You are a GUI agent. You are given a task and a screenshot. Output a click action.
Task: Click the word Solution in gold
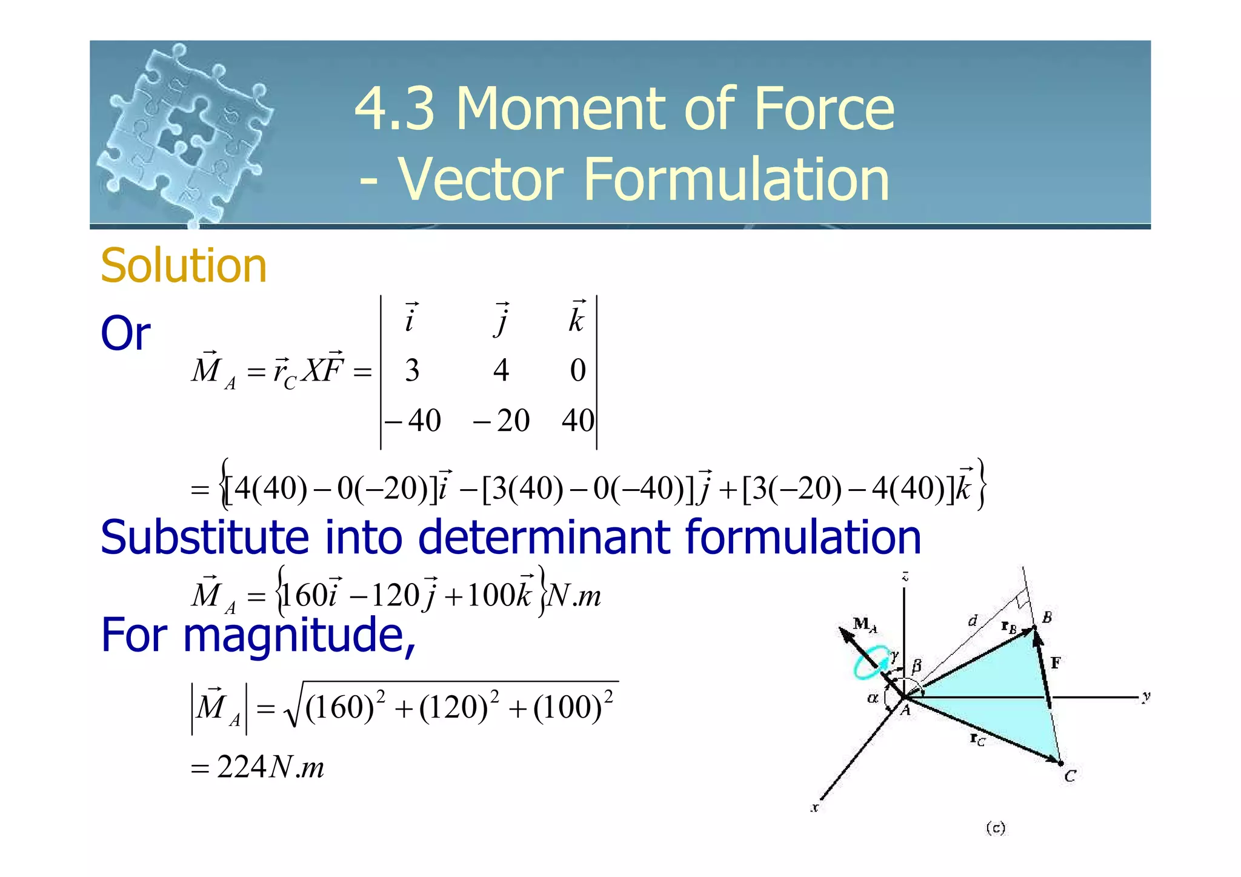tap(184, 266)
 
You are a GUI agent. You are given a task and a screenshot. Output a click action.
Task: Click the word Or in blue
tap(125, 333)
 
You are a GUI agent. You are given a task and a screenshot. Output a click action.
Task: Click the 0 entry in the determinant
tap(577, 370)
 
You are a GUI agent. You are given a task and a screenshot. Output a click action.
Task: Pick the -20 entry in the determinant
tap(502, 421)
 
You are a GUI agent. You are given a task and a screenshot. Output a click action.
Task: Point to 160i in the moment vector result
tap(308, 596)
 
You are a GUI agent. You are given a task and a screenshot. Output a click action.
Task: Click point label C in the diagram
tap(1070, 776)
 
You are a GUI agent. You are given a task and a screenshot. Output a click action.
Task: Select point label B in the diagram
tap(1047, 618)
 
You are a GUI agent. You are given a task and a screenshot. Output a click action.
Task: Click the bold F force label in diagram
tap(1056, 662)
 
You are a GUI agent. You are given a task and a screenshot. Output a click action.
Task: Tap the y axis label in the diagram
tap(1146, 697)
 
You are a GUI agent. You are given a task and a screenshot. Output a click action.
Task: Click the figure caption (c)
tap(996, 828)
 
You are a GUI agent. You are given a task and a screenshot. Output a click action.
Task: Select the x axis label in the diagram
tap(815, 807)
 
